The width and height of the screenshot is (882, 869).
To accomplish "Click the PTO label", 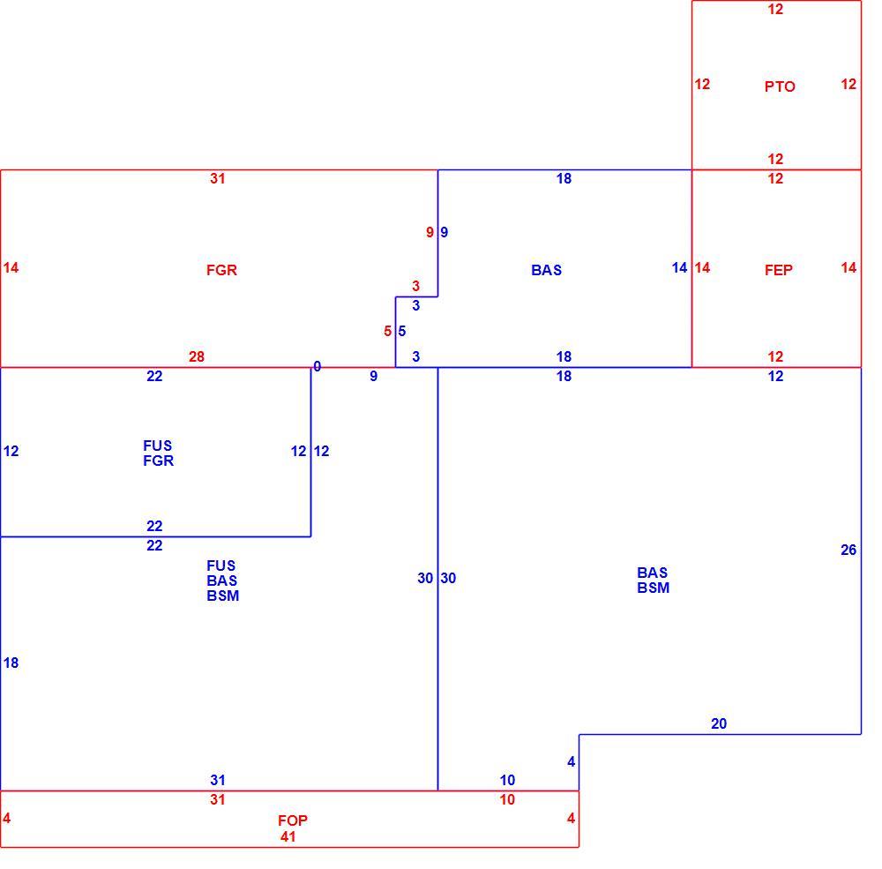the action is coord(780,86).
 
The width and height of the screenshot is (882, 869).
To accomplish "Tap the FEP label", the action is coord(779,270).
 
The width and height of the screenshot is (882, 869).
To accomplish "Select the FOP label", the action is coord(293,820).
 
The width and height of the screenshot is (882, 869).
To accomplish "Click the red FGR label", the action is coord(221,270).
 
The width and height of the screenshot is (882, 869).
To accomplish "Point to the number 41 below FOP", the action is coord(288,837).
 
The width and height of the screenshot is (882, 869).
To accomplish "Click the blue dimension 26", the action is coord(848,550).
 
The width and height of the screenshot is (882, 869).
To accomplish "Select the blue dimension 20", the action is coord(719,723).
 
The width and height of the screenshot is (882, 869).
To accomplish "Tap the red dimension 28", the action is coord(197,356).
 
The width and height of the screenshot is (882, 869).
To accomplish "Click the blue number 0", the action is coord(318,367).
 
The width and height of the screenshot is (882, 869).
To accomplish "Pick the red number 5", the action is coord(387,332).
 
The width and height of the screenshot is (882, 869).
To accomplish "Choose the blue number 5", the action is coord(401,332).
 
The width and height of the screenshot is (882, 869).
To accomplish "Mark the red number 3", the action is coord(415,286).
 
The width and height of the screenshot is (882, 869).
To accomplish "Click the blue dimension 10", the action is coord(507,780).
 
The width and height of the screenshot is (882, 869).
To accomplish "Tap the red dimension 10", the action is coord(507,800).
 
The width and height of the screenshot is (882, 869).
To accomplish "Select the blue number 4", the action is coord(571,762).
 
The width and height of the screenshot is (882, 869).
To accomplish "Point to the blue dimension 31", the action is coord(218,780).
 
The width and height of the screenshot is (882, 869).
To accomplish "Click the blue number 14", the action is coord(679,268).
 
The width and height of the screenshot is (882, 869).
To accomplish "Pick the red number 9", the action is coord(430,232).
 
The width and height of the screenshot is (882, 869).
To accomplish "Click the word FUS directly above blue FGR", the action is coord(158,446).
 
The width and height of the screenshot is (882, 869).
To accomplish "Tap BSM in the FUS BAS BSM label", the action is coord(223,596).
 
